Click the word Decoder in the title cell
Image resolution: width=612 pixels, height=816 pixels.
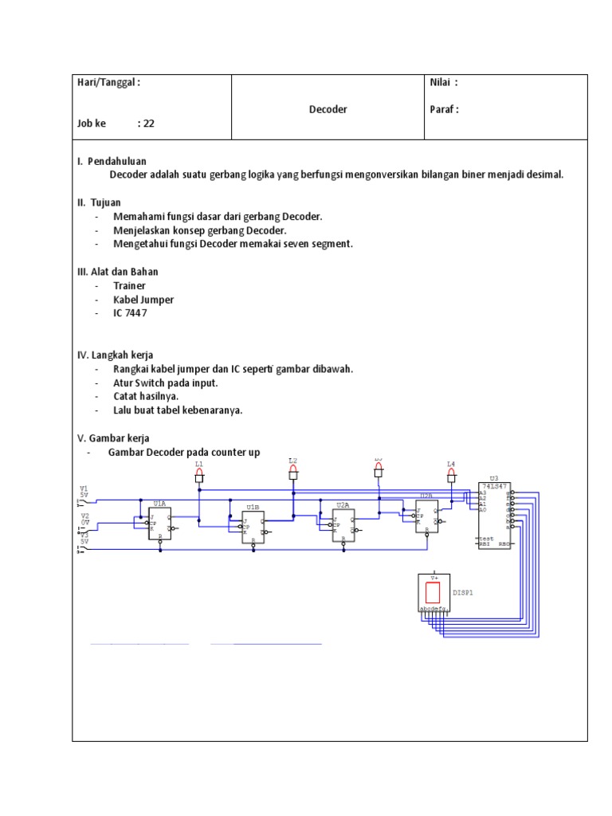click(x=328, y=109)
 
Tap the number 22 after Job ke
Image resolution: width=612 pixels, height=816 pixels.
click(x=149, y=124)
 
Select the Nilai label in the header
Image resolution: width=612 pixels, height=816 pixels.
click(x=443, y=82)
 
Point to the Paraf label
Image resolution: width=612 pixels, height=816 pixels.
click(x=444, y=109)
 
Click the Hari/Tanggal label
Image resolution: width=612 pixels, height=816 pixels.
click(x=108, y=82)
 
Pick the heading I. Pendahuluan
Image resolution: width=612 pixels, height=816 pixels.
click(x=112, y=161)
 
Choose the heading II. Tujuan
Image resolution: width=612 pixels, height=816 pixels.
click(x=99, y=202)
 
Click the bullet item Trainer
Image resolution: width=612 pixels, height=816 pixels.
click(x=129, y=285)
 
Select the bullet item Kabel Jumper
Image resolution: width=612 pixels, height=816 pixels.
click(x=143, y=300)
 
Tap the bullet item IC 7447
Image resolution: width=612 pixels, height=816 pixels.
click(x=130, y=313)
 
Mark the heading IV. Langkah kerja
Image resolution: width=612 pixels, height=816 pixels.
click(x=116, y=355)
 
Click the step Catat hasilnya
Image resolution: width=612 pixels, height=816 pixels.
click(x=146, y=396)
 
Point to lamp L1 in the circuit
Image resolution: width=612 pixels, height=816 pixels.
click(x=199, y=476)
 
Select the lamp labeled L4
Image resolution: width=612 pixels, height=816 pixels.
click(x=451, y=476)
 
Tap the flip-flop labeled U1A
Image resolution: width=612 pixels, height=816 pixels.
click(x=159, y=523)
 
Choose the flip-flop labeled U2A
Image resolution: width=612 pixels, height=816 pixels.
click(x=343, y=524)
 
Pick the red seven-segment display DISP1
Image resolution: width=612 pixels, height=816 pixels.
click(x=434, y=592)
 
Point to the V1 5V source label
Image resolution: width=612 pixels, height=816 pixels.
click(x=84, y=491)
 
